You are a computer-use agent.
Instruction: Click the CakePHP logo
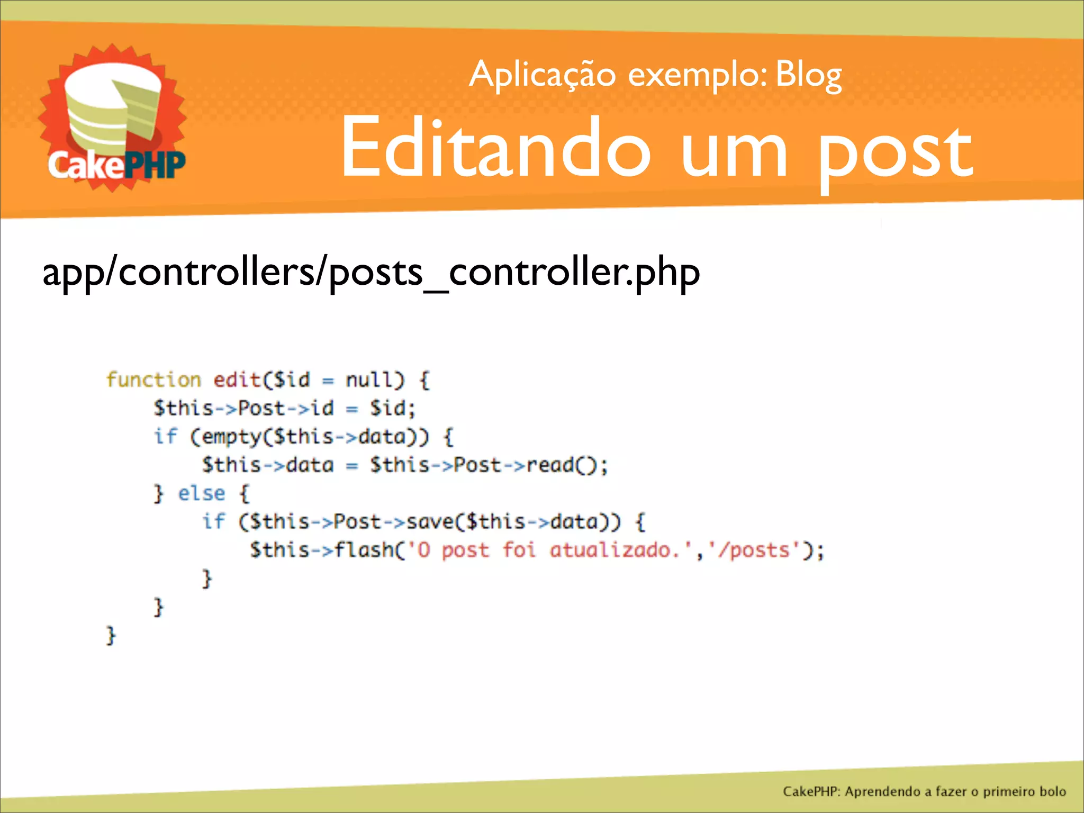(x=113, y=119)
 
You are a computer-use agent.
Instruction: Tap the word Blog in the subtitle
(x=808, y=75)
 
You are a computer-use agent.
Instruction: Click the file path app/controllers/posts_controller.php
(x=371, y=273)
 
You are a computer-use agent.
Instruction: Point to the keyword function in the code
(x=153, y=380)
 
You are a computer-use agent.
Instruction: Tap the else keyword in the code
(x=201, y=493)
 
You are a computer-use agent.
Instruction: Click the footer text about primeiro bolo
(x=924, y=791)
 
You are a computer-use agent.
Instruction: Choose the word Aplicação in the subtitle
(x=542, y=75)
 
